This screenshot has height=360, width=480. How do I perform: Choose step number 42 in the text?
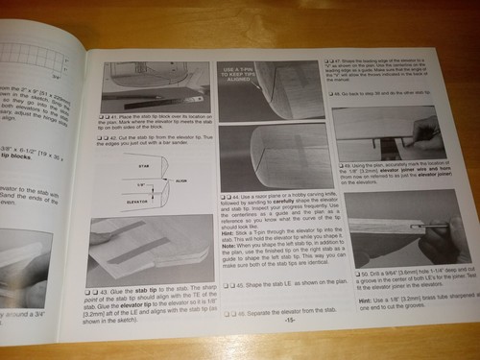(119, 140)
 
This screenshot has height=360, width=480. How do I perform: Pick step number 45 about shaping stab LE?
(237, 283)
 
